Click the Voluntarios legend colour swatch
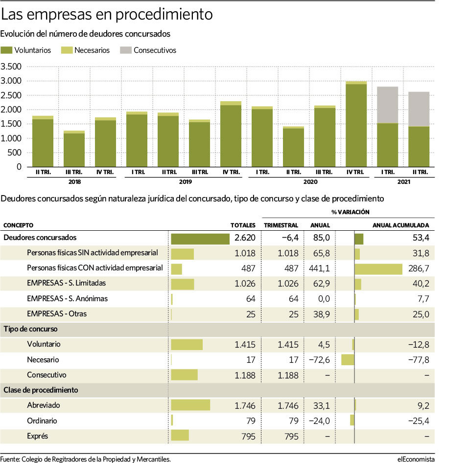6,50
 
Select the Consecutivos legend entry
148,50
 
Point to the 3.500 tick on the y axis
11,66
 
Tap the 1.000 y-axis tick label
11,138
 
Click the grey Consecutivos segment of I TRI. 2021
387,105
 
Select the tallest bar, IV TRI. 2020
356,124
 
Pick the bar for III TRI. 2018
74,149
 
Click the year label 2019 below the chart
186,181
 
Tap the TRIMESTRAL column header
281,225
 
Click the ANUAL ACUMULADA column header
400,225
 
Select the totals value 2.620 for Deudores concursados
245,238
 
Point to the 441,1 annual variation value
319,268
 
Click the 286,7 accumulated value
419,268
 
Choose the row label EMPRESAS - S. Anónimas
67,298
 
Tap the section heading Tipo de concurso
30,329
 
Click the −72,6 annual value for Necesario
319,360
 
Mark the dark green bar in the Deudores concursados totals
200,239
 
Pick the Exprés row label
37,436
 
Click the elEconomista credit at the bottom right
416,459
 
